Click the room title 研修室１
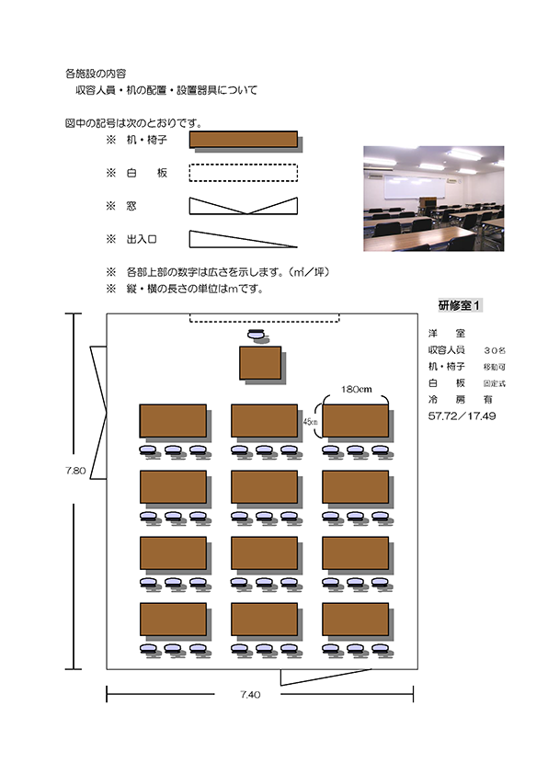click(x=459, y=305)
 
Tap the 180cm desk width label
click(x=356, y=389)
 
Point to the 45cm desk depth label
click(x=310, y=422)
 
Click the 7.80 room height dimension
click(x=75, y=471)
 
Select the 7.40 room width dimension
click(x=250, y=694)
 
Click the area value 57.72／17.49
click(x=462, y=415)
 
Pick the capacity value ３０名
click(x=494, y=350)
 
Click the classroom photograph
click(x=433, y=199)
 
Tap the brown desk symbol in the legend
click(x=244, y=139)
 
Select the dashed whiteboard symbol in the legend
click(x=244, y=173)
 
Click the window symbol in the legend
click(x=244, y=206)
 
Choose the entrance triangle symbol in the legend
click(x=244, y=239)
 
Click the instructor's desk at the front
click(x=260, y=363)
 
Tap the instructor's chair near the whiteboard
click(x=257, y=335)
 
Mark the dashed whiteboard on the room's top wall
click(x=265, y=317)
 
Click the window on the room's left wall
click(x=98, y=413)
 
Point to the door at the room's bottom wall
click(x=325, y=677)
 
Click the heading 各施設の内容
click(x=96, y=74)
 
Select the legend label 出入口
click(x=142, y=239)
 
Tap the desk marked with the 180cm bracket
click(x=356, y=421)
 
